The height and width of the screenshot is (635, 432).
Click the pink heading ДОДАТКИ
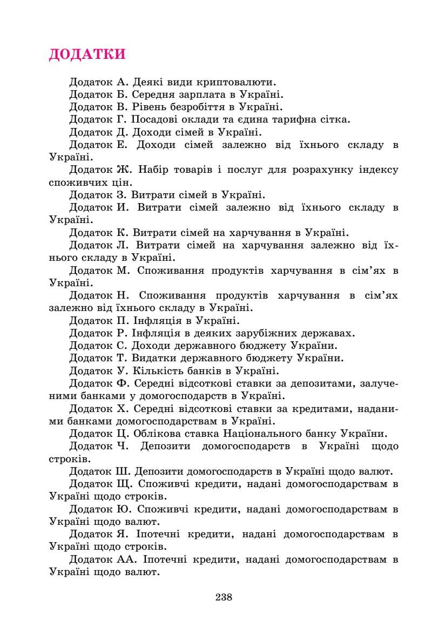coord(87,55)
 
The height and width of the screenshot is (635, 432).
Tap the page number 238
coord(224,597)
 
